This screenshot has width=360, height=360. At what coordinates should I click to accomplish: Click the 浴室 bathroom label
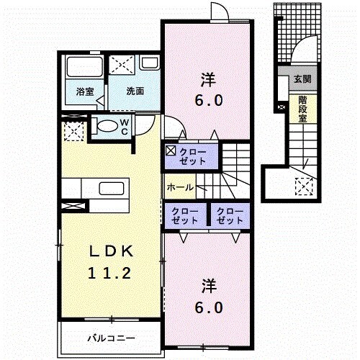pos(85,91)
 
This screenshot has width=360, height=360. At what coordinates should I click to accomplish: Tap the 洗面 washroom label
pos(135,91)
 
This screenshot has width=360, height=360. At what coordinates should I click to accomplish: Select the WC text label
pos(125,127)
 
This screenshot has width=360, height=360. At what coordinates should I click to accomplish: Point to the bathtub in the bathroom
pos(84,67)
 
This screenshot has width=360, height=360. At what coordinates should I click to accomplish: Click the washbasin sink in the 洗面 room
pos(149,63)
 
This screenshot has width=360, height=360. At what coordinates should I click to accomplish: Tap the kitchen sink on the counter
pos(112,189)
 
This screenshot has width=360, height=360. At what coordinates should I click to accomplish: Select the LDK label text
pos(111,251)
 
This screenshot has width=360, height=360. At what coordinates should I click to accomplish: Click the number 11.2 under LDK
pos(109,274)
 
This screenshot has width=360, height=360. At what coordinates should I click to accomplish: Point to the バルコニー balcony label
pos(111,338)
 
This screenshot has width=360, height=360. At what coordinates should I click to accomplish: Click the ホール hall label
pos(180,187)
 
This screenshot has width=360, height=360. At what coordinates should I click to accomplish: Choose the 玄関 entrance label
pos(303,78)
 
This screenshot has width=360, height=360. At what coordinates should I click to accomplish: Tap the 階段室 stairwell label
pos(303,109)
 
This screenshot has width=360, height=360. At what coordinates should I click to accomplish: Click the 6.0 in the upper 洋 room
pos(209,101)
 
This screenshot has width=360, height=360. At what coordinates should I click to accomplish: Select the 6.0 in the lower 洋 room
pos(209,307)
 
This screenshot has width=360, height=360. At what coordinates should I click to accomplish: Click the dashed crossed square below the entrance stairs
pos(304,186)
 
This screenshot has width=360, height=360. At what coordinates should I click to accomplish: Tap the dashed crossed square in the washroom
pos(122,64)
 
